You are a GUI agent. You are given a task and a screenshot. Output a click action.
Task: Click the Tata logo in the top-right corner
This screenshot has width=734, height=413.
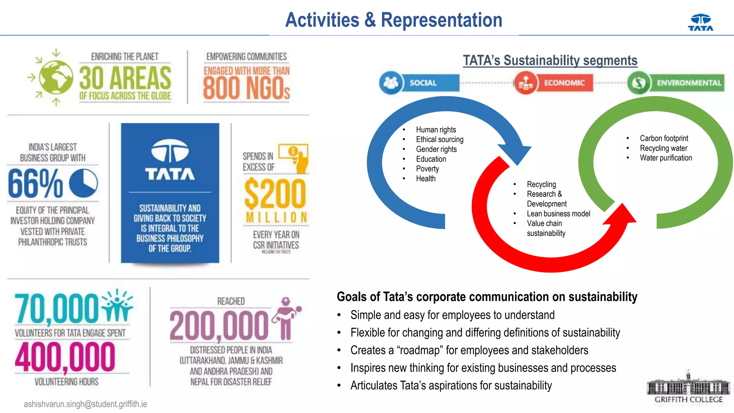coord(701,23)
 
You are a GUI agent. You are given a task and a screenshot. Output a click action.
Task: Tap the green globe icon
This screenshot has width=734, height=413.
coord(56,77)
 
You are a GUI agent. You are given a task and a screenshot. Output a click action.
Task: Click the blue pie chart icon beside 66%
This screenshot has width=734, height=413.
coord(83,183)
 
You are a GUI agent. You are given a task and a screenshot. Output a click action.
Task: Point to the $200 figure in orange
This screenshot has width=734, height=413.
coord(275,194)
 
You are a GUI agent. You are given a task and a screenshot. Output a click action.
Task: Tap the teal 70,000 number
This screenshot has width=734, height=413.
coord(57,308)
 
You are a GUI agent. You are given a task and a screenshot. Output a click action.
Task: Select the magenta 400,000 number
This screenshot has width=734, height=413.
coord(65,357)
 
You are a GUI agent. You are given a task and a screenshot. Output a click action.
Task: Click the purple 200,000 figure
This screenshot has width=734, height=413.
coord(219,326)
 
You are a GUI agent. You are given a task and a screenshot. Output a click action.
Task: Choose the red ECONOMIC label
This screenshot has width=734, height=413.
coord(564,83)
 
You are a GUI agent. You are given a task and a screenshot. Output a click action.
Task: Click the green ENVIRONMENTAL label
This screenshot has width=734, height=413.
coord(688,83)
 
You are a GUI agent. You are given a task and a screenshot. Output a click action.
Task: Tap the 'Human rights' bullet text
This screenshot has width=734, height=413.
coord(436,129)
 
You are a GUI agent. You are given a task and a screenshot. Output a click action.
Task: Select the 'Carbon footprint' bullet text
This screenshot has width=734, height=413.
coord(664,138)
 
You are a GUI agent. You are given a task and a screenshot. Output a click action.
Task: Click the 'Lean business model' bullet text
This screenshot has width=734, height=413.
coord(558,214)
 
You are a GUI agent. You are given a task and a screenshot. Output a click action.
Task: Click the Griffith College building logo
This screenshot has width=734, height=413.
coord(688,388)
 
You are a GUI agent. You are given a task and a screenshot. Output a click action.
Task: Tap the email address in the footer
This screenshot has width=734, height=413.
coord(85,404)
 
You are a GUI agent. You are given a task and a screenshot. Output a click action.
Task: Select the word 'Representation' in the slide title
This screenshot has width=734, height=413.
coord(441,20)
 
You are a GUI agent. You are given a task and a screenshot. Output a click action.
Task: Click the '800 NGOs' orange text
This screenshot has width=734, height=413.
coord(246,88)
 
